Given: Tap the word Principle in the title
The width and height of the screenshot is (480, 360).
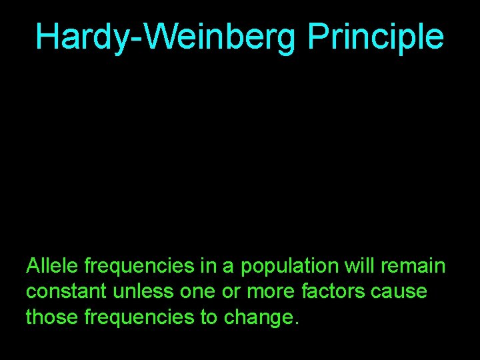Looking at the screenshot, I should [x=375, y=37].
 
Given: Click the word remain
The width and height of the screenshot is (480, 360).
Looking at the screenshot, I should [x=415, y=267].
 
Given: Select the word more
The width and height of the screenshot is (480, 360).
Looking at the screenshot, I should [x=251, y=292].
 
